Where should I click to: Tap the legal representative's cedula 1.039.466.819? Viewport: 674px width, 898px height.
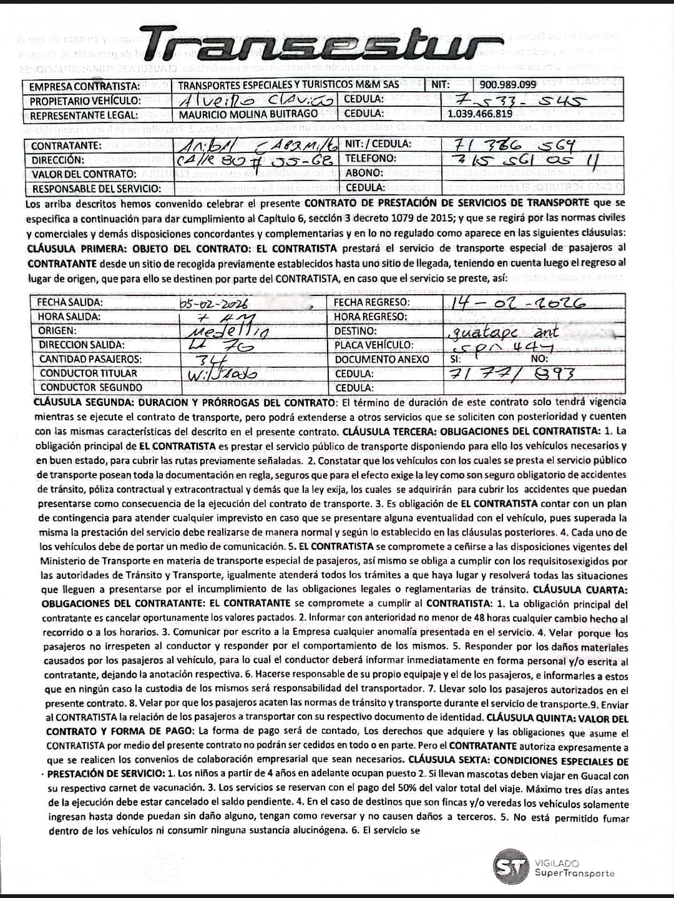point(480,114)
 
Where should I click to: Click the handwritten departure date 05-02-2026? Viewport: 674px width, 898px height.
point(213,303)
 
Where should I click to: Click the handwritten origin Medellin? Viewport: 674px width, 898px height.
point(228,331)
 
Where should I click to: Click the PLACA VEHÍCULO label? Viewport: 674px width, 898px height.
point(373,345)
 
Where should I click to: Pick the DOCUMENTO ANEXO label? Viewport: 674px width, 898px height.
point(381,359)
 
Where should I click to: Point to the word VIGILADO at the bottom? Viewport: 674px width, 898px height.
point(557,862)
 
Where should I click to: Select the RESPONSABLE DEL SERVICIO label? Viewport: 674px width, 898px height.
point(96,189)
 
